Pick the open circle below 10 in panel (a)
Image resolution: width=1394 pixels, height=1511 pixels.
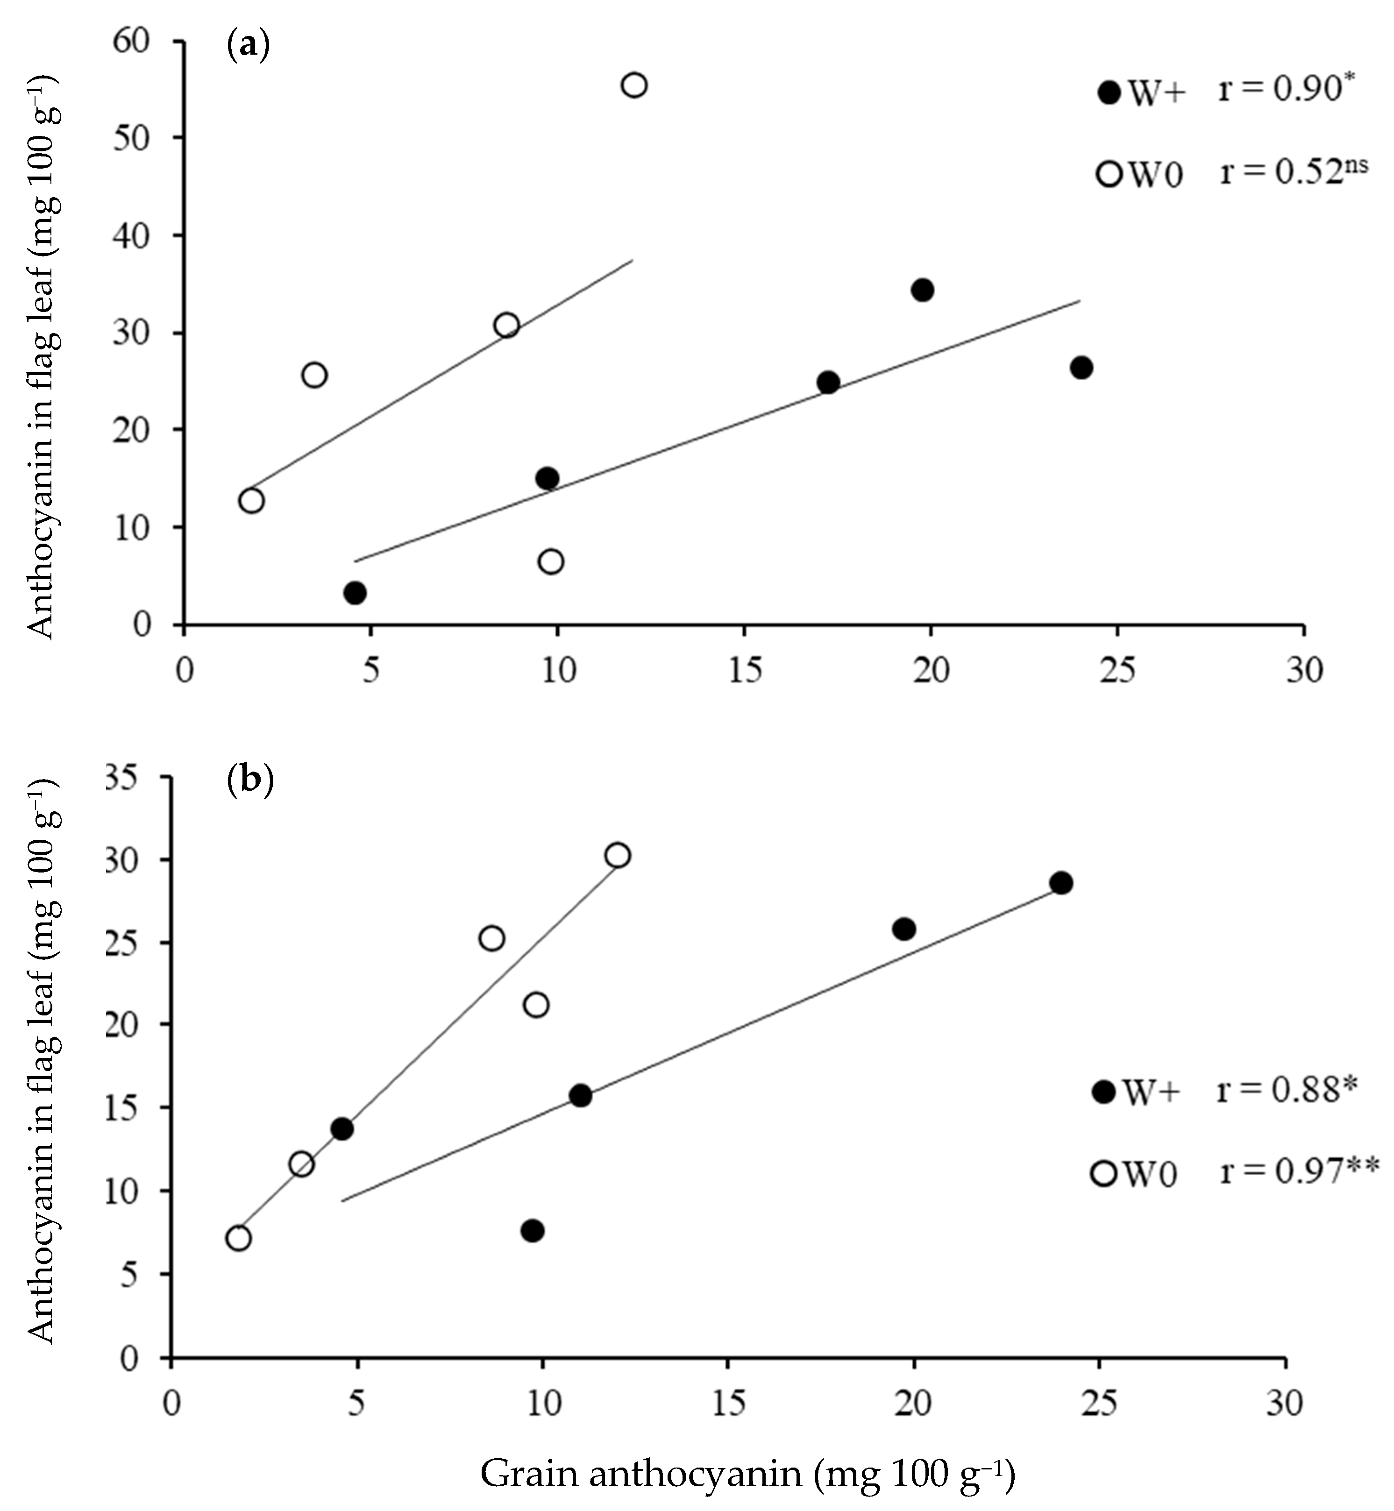tap(551, 561)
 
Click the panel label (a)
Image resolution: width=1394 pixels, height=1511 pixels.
tap(248, 47)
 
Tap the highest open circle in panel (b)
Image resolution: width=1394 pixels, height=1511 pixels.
tap(617, 855)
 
